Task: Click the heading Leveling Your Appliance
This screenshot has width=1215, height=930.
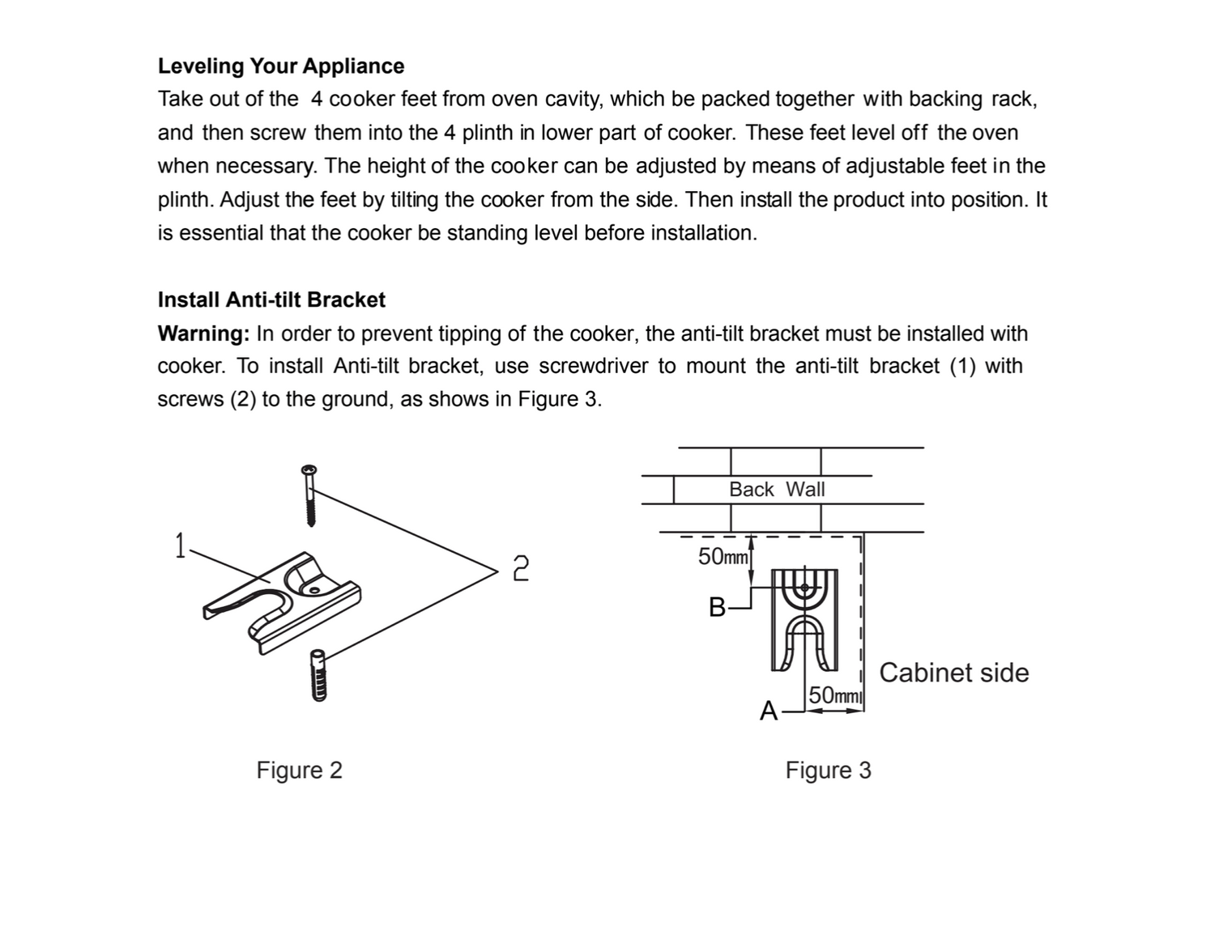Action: click(280, 66)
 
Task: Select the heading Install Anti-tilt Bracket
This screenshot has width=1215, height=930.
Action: click(271, 300)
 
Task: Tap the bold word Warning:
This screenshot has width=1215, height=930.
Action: click(203, 333)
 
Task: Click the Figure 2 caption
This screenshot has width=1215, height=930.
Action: click(299, 770)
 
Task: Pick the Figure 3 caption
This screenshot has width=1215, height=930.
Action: click(828, 770)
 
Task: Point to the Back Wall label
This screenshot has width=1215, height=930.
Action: click(776, 490)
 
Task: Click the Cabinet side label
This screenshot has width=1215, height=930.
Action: click(953, 673)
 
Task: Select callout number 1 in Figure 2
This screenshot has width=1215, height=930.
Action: click(180, 546)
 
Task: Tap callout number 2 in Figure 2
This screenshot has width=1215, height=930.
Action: click(521, 568)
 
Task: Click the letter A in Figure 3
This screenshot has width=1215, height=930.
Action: click(768, 711)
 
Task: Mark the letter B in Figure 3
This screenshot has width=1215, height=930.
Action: click(717, 607)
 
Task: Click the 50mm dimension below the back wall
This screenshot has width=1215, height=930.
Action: click(723, 557)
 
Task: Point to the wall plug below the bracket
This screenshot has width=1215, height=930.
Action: click(318, 675)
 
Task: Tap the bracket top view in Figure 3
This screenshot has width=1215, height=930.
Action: click(804, 620)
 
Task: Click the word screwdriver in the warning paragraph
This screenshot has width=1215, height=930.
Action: click(593, 367)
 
